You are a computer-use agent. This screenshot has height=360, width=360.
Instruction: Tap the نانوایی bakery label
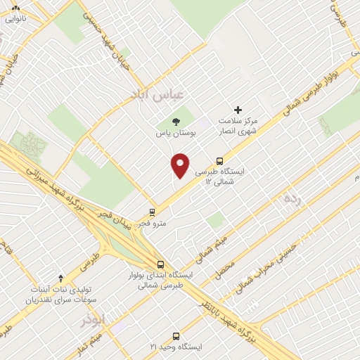[x=15, y=19]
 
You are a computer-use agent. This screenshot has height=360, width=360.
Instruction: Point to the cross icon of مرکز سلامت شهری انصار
[x=238, y=110]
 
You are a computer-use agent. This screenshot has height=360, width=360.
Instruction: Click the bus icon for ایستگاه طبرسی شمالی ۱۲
[x=219, y=160]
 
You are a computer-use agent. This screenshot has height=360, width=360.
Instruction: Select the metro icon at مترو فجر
[x=152, y=212]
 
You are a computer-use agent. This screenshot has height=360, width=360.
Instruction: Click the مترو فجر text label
[x=152, y=223]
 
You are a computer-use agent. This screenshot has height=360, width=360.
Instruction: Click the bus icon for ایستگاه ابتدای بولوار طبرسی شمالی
[x=161, y=264]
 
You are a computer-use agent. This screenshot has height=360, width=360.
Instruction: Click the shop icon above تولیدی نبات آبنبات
[x=60, y=278]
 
